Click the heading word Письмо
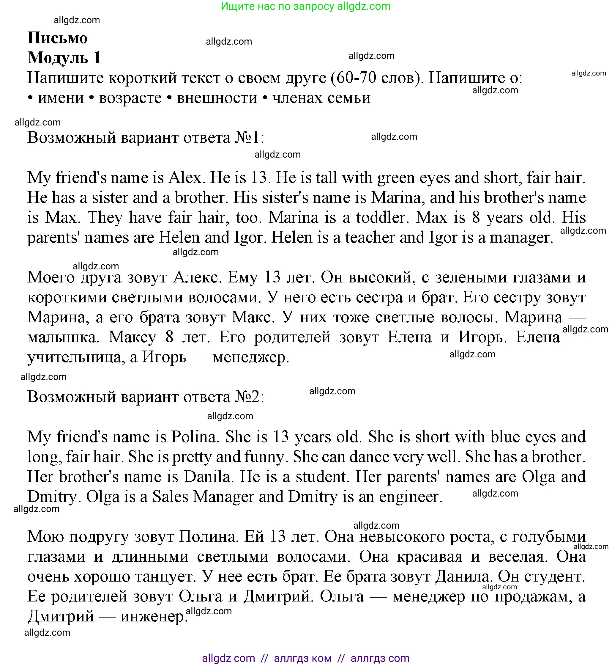(x=57, y=38)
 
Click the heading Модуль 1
(x=64, y=58)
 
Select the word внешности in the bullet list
(x=217, y=98)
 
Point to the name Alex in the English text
(x=185, y=178)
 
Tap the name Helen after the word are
(x=179, y=238)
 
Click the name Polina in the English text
(x=193, y=437)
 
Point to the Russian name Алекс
(x=197, y=277)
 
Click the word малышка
(x=63, y=337)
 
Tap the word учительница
(x=74, y=357)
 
